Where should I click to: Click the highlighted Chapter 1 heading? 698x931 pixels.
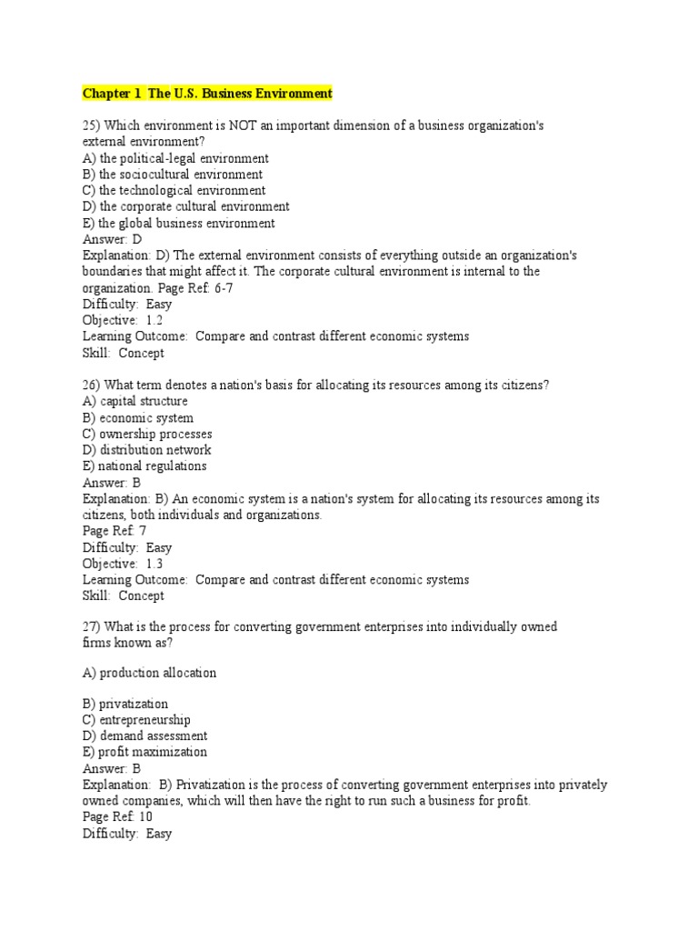click(x=207, y=94)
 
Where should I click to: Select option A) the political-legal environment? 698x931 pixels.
click(x=175, y=158)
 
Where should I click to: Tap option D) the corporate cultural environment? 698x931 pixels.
click(x=186, y=207)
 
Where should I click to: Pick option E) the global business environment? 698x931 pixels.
click(x=178, y=224)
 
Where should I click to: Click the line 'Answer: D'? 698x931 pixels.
click(x=113, y=240)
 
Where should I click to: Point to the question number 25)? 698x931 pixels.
click(x=92, y=125)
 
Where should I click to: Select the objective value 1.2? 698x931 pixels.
click(x=154, y=320)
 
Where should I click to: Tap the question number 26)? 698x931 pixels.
click(x=92, y=385)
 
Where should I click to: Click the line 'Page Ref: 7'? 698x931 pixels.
click(x=115, y=531)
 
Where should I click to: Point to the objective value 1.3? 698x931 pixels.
click(x=154, y=564)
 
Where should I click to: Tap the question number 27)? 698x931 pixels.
click(x=92, y=627)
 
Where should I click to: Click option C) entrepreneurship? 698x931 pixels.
click(x=136, y=720)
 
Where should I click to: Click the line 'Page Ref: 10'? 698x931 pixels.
click(x=117, y=817)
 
